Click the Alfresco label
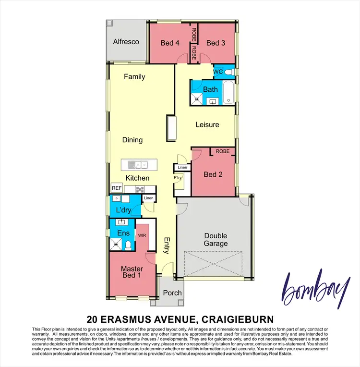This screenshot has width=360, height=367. (126, 42)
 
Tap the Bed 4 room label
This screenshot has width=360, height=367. (170, 43)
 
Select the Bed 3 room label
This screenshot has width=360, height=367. (216, 43)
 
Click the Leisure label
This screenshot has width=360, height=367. (207, 124)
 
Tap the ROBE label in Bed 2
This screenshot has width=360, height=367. (222, 151)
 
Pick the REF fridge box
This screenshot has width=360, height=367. (116, 188)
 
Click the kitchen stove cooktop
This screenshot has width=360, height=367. (141, 189)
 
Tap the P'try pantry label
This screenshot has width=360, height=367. (178, 177)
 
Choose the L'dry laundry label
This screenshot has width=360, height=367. (124, 210)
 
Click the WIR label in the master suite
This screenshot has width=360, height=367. (142, 236)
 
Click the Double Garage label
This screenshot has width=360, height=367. (215, 240)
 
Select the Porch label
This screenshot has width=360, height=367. (172, 293)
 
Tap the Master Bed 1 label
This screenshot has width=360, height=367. (131, 272)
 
